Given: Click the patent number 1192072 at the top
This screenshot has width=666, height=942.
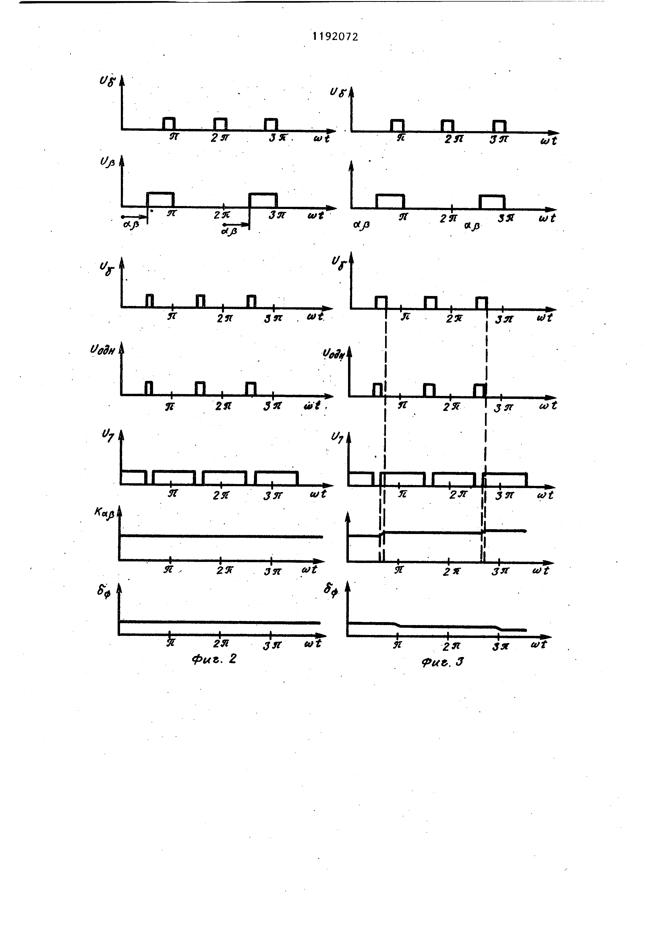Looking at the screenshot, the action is pyautogui.click(x=335, y=37).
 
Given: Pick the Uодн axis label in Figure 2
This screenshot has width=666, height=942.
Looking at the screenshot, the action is pyautogui.click(x=103, y=351).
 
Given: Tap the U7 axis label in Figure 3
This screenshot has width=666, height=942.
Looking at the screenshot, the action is pyautogui.click(x=337, y=438).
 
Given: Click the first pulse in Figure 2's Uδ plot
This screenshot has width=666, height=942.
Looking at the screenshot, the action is pyautogui.click(x=169, y=124).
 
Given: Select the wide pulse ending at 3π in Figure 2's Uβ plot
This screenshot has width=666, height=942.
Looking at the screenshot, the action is pyautogui.click(x=263, y=200).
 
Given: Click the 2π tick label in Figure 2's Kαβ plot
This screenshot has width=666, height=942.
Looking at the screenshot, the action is pyautogui.click(x=224, y=570).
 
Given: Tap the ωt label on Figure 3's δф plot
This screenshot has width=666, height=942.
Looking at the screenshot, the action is pyautogui.click(x=538, y=645).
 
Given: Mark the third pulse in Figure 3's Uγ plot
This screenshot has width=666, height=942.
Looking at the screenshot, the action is pyautogui.click(x=482, y=303).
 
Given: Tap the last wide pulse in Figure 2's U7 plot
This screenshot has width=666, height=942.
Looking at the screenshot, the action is pyautogui.click(x=276, y=478).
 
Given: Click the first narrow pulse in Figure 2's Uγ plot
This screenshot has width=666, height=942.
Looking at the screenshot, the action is pyautogui.click(x=150, y=301).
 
